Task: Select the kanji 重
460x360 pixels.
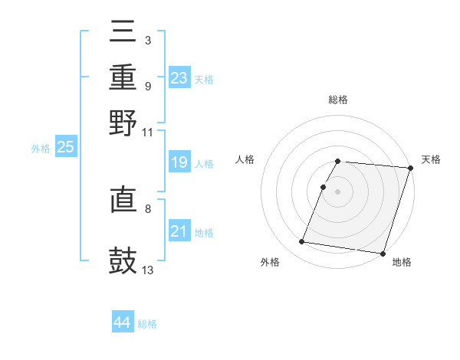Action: coord(123,78)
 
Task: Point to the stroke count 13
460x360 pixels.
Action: coord(148,270)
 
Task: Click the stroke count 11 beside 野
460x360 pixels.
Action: coord(148,132)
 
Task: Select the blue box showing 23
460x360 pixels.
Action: coord(179,78)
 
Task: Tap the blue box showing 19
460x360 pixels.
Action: coord(179,162)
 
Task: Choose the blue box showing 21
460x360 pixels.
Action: coord(179,231)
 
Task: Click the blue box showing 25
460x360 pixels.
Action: coord(65,147)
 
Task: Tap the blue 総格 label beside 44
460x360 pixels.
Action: coord(148,324)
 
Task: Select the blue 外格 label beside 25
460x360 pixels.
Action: coord(41,149)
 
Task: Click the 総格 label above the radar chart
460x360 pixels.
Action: coord(338,100)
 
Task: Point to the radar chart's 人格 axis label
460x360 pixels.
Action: coord(245,159)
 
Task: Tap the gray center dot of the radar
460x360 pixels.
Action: coord(338,191)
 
